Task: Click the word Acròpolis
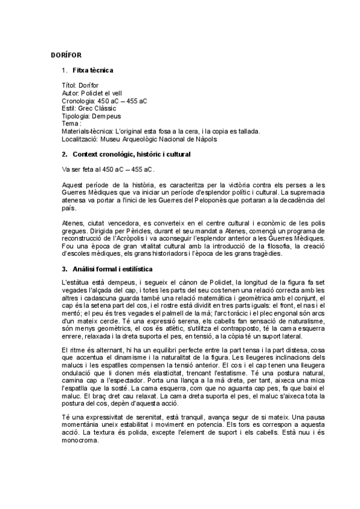[x=125, y=239]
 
